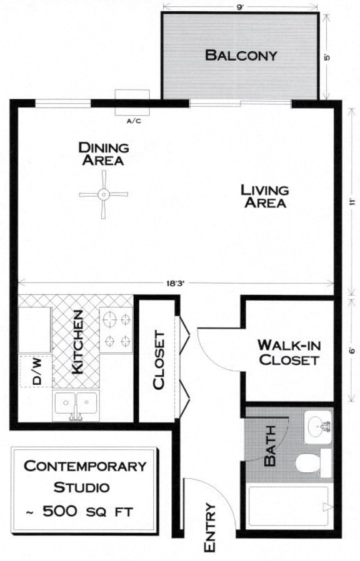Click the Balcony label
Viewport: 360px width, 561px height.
point(241,55)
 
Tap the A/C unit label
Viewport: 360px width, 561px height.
point(134,121)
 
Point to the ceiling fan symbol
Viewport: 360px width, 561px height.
point(103,194)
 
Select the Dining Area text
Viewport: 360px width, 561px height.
point(104,154)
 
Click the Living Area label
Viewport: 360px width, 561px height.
point(265,196)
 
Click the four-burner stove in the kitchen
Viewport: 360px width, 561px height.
point(117,330)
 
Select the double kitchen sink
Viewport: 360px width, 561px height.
point(76,404)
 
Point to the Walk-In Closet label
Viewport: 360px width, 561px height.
point(288,352)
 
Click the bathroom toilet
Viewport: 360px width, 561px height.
point(307,463)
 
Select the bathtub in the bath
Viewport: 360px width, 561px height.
point(288,506)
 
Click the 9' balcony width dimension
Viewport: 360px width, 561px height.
point(241,7)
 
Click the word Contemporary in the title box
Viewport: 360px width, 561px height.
point(85,465)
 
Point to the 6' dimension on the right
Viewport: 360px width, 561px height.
point(352,351)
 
